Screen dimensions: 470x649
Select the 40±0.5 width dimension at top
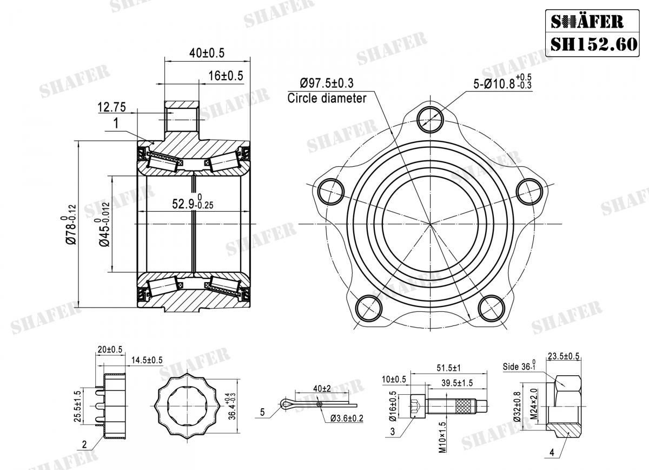coord(207,53)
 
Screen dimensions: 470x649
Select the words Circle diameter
coord(327,99)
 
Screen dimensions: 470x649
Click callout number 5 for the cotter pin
coord(262,413)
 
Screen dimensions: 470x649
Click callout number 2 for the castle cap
coord(84,445)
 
